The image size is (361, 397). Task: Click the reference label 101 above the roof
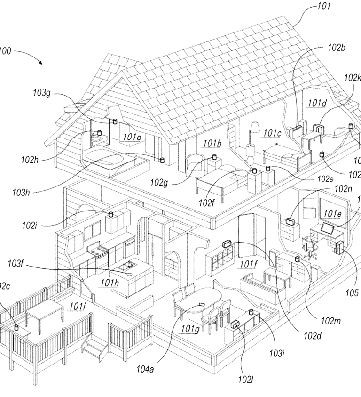pyautogui.click(x=324, y=7)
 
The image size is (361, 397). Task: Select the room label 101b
pyautogui.click(x=212, y=142)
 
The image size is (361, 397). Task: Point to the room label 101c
pyautogui.click(x=272, y=133)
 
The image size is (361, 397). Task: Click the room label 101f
pyautogui.click(x=249, y=263)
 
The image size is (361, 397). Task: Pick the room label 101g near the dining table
pyautogui.click(x=191, y=328)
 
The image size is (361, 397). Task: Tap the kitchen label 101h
pyautogui.click(x=109, y=283)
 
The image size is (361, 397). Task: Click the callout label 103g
pyautogui.click(x=41, y=93)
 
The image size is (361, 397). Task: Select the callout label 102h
pyautogui.click(x=31, y=159)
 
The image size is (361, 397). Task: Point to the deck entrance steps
pyautogui.click(x=93, y=348)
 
